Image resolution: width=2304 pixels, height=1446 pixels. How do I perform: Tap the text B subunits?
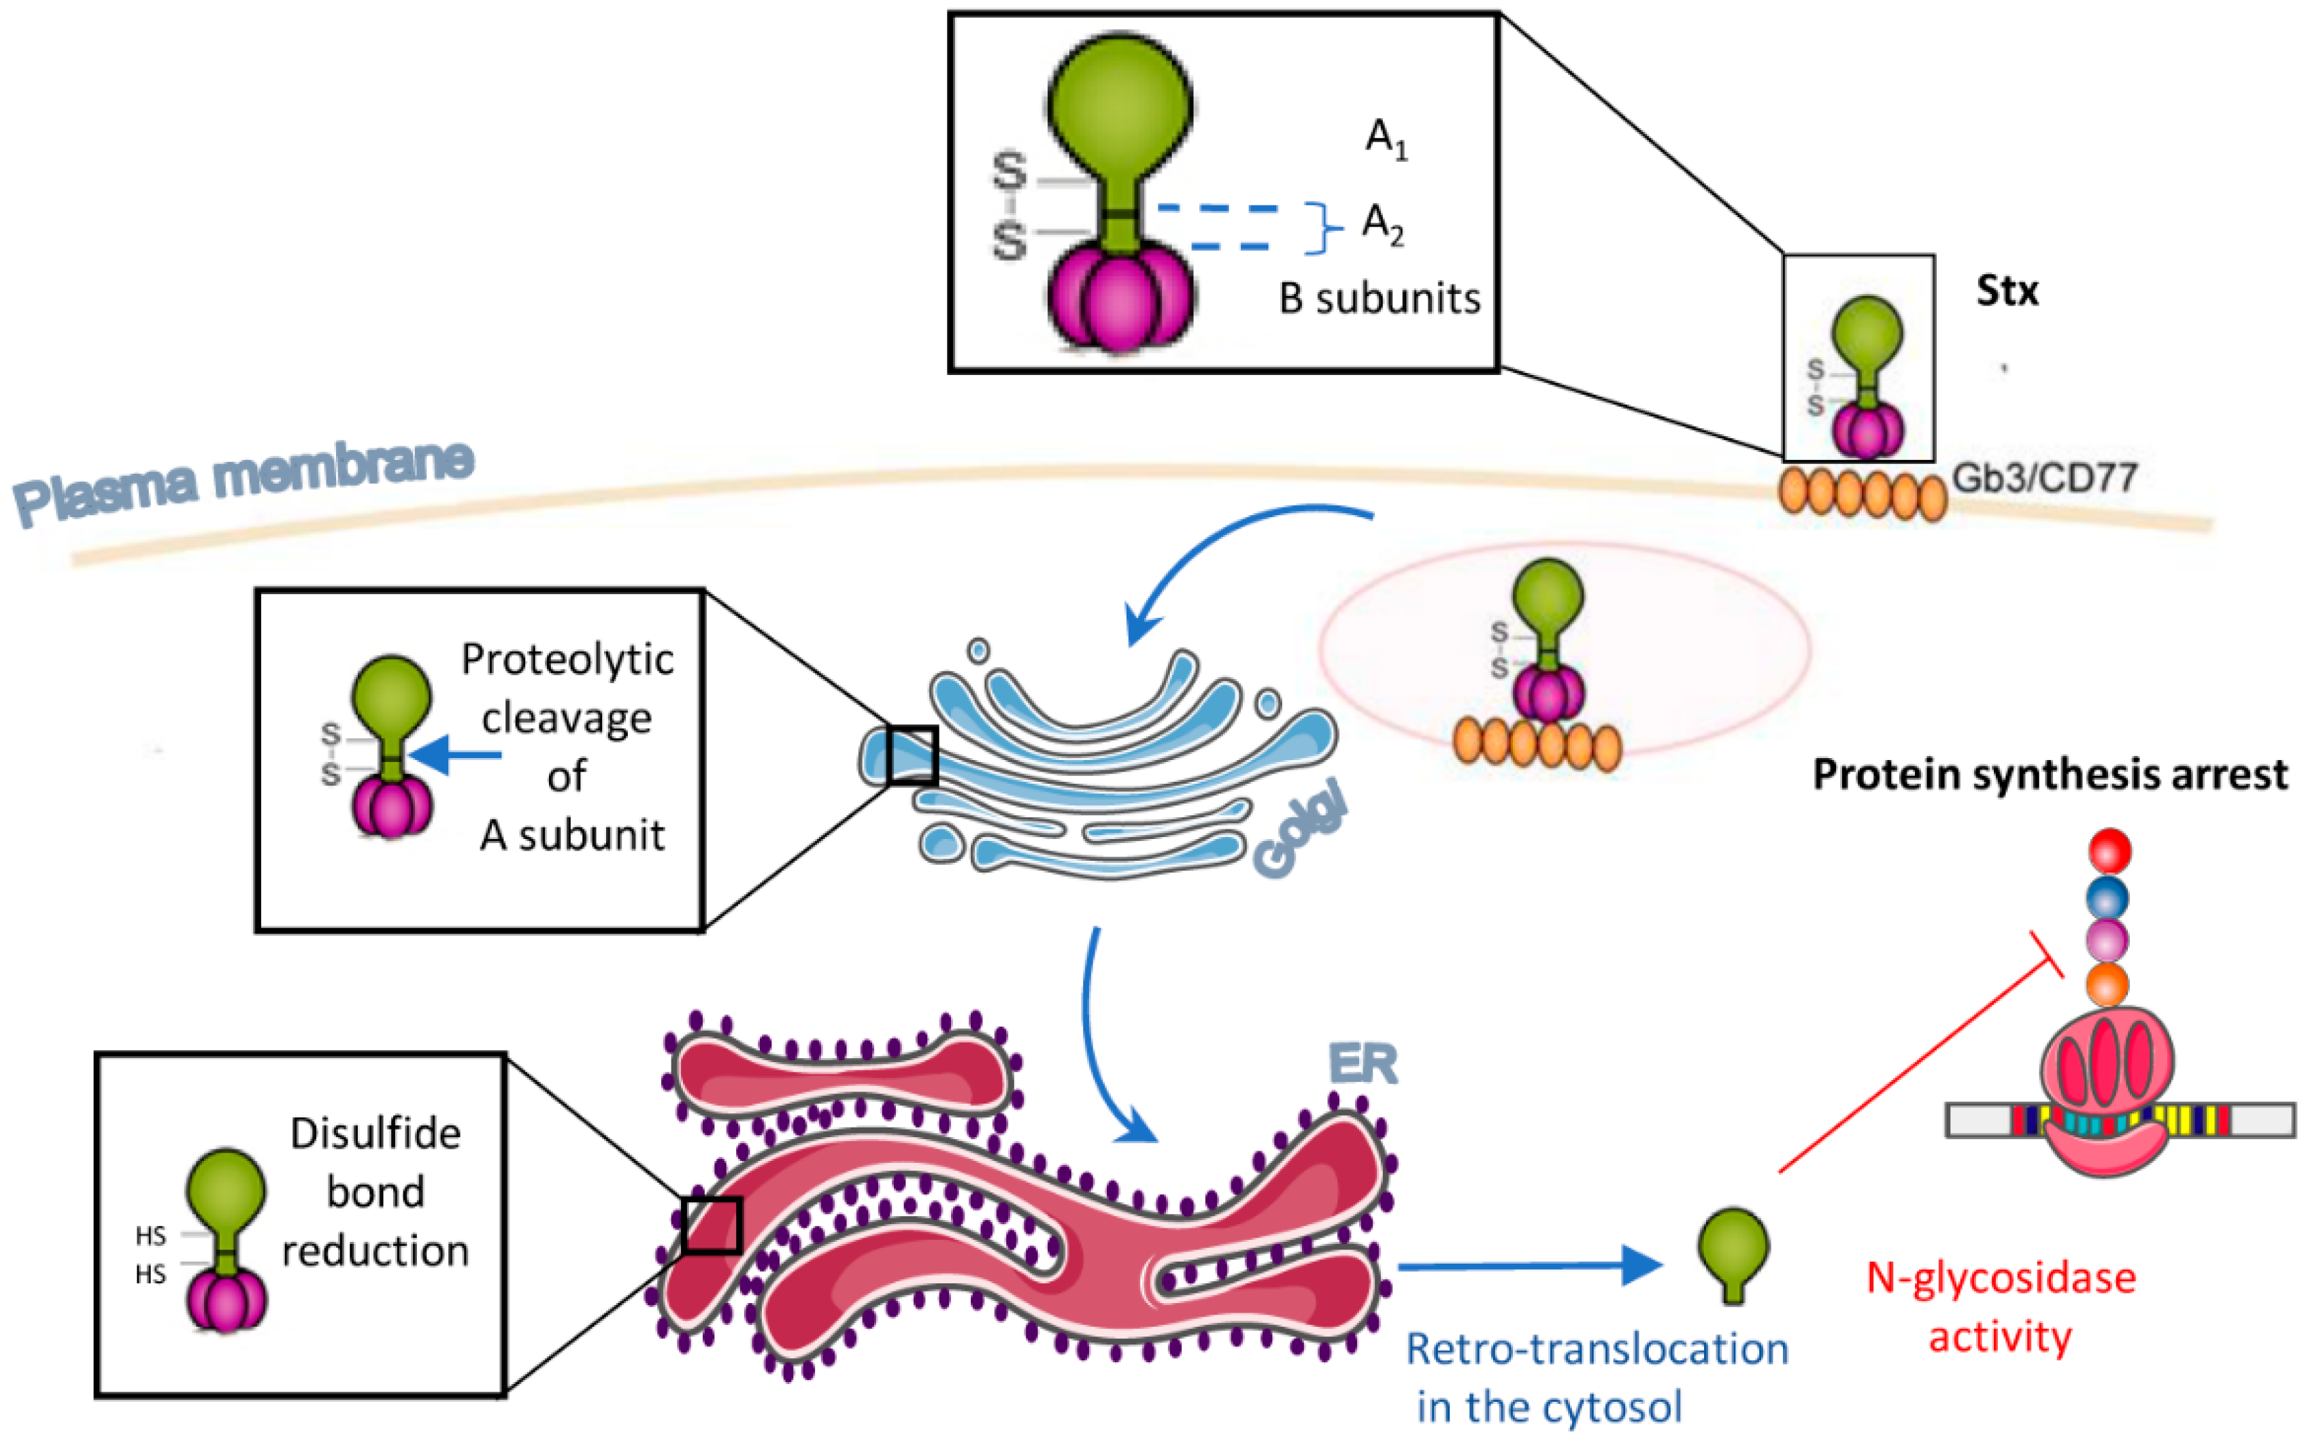[x=1379, y=299]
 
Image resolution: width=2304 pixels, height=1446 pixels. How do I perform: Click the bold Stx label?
[x=2007, y=291]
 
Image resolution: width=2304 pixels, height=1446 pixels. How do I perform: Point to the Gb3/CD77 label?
[x=2044, y=477]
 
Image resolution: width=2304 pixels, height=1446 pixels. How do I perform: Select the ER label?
[x=1363, y=1064]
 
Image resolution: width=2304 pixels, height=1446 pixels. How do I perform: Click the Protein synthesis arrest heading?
[x=2050, y=774]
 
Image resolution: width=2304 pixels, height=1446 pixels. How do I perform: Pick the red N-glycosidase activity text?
[x=2000, y=1307]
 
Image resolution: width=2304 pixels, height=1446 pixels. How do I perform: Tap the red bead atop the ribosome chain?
[x=2109, y=850]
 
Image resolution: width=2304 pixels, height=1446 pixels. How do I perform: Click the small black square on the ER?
[x=712, y=1225]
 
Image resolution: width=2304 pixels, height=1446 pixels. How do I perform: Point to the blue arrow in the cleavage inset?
[x=457, y=755]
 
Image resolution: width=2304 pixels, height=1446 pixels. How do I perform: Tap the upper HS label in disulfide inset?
[x=151, y=1236]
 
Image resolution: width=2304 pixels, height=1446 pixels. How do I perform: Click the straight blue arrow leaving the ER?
[x=1530, y=1266]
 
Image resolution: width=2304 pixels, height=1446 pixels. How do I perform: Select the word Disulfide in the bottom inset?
[x=375, y=1133]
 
